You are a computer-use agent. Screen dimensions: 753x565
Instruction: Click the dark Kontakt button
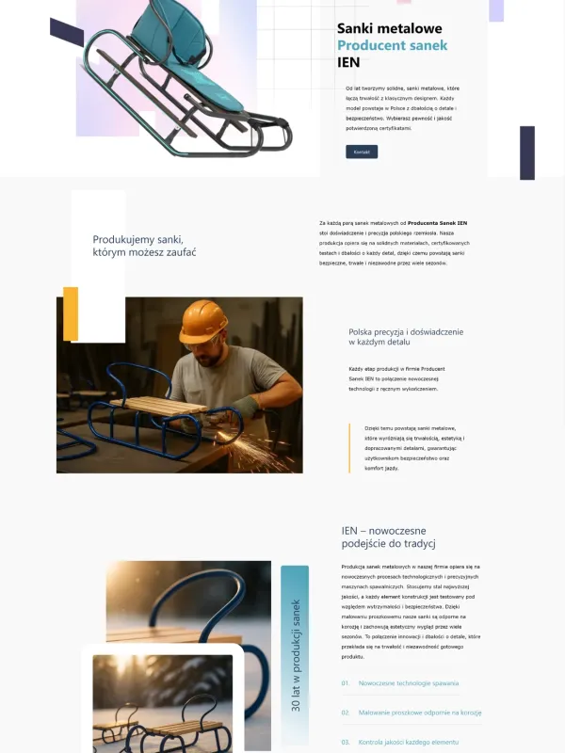pyautogui.click(x=362, y=152)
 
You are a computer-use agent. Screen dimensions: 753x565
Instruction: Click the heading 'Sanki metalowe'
pyautogui.click(x=389, y=29)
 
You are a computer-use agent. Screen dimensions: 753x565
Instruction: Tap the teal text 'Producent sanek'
pyautogui.click(x=392, y=46)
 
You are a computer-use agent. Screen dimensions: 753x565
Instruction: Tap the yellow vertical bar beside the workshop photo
pyautogui.click(x=71, y=313)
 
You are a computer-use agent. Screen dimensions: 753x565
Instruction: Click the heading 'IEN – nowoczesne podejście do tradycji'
pyautogui.click(x=389, y=537)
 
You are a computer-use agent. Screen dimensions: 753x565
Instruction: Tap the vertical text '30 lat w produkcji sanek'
pyautogui.click(x=295, y=653)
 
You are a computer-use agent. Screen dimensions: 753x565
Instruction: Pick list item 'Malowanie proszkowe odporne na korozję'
pyautogui.click(x=420, y=713)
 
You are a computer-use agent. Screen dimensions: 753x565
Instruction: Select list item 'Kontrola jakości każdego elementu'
pyautogui.click(x=408, y=742)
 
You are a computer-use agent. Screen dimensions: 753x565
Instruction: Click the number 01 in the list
pyautogui.click(x=346, y=683)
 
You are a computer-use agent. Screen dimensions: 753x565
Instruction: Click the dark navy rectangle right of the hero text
pyautogui.click(x=527, y=152)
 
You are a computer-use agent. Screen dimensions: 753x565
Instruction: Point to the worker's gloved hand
pyautogui.click(x=246, y=406)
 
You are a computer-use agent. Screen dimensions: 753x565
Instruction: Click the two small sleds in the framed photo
pyautogui.click(x=162, y=720)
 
